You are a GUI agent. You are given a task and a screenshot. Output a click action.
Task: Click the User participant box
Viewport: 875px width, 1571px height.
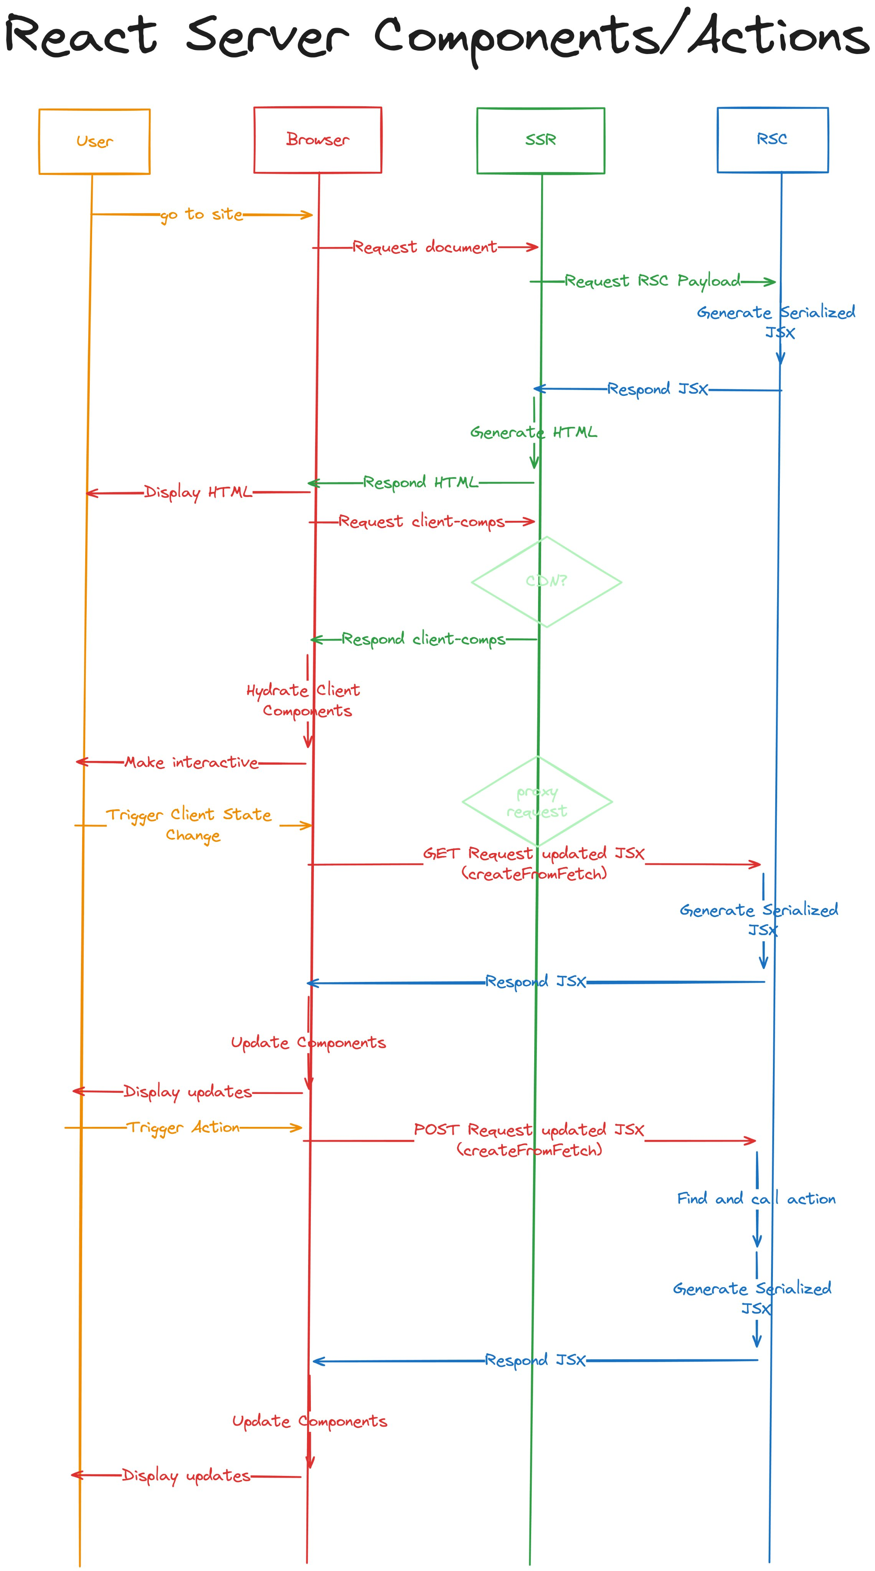click(94, 142)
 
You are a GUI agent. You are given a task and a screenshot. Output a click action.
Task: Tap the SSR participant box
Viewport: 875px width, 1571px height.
click(541, 140)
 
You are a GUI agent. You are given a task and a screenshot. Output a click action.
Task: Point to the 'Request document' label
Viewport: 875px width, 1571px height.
click(425, 247)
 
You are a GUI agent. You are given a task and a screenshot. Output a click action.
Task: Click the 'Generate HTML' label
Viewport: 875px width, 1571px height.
click(533, 432)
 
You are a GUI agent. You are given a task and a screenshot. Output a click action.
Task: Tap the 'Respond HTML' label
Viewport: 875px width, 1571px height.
click(420, 482)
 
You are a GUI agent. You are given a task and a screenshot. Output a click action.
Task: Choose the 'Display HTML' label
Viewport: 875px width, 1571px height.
click(198, 492)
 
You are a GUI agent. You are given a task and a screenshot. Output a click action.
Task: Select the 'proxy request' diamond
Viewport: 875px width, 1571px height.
click(537, 801)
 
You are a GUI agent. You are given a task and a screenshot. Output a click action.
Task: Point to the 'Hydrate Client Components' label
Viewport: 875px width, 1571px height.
click(303, 700)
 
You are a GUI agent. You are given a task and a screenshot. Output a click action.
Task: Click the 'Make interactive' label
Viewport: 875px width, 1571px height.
click(192, 762)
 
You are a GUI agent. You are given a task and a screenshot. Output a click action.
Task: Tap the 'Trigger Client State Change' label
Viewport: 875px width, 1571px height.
click(189, 825)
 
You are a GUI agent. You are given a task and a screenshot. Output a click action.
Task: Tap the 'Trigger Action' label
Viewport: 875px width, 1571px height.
click(183, 1127)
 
